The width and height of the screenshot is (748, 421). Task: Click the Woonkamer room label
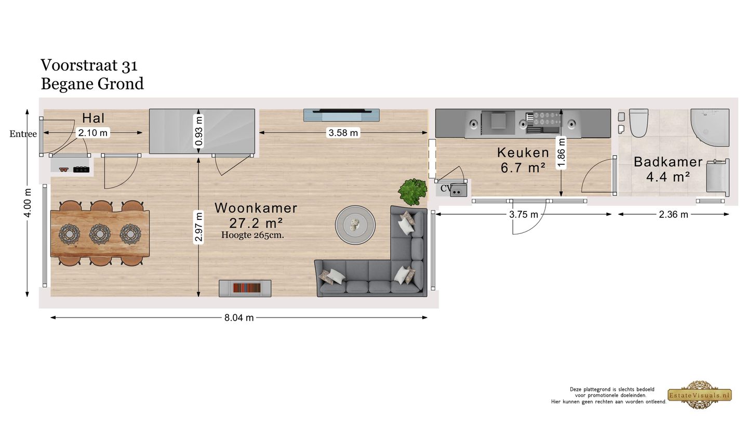point(256,208)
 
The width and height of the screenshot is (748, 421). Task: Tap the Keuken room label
point(523,153)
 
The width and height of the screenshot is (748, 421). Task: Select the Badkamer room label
point(668,162)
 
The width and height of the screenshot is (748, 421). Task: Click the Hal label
point(94,118)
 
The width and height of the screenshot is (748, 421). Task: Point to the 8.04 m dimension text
point(239,318)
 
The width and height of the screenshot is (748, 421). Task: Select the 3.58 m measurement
point(343,133)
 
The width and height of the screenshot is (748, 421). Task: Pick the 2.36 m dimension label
point(673,214)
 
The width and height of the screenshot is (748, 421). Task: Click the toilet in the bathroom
point(638,122)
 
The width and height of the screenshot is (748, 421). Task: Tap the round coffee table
point(355,225)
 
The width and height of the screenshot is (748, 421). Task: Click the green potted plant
point(413,191)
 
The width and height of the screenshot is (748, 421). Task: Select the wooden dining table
point(100,233)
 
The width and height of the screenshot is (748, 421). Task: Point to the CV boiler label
point(446,188)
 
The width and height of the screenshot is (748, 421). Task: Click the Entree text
point(23,134)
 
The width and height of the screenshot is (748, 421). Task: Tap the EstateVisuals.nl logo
point(699,395)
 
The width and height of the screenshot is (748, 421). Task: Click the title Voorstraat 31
point(89,65)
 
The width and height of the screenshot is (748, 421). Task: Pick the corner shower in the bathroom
point(710,122)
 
